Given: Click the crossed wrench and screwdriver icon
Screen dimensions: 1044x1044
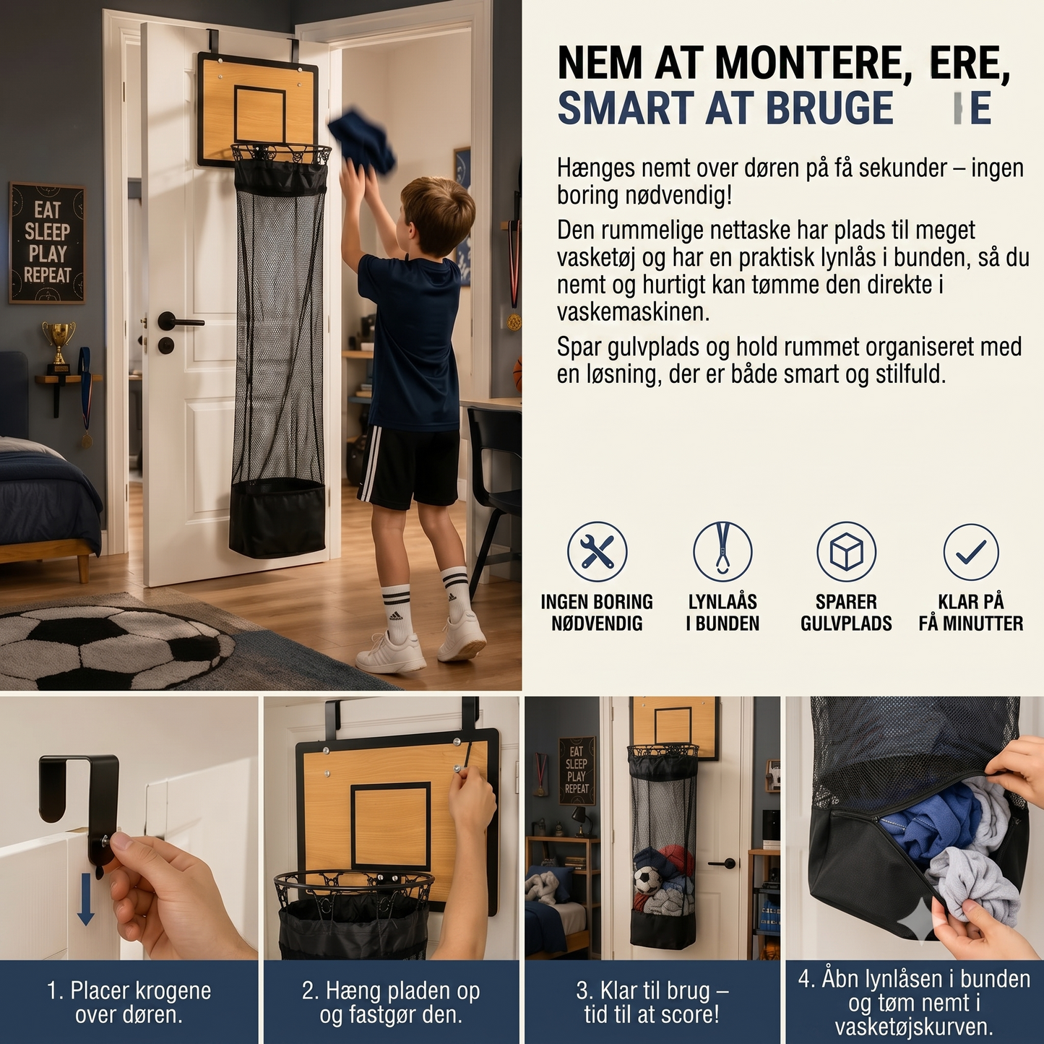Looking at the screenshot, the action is click(x=597, y=551).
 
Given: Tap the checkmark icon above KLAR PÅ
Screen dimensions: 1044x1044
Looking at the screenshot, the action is click(x=970, y=552).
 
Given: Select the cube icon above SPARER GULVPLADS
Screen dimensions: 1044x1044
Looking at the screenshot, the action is click(x=846, y=551).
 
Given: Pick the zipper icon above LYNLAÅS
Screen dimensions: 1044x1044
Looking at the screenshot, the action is click(x=722, y=551).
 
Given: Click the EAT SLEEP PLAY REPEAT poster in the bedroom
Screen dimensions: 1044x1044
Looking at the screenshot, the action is click(x=47, y=243).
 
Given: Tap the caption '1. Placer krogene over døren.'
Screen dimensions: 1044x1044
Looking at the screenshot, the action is click(x=129, y=1002).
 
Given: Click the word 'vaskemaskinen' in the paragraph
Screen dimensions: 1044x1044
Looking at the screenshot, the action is click(x=634, y=313).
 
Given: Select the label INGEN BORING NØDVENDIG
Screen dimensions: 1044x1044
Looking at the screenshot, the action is click(x=597, y=613).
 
